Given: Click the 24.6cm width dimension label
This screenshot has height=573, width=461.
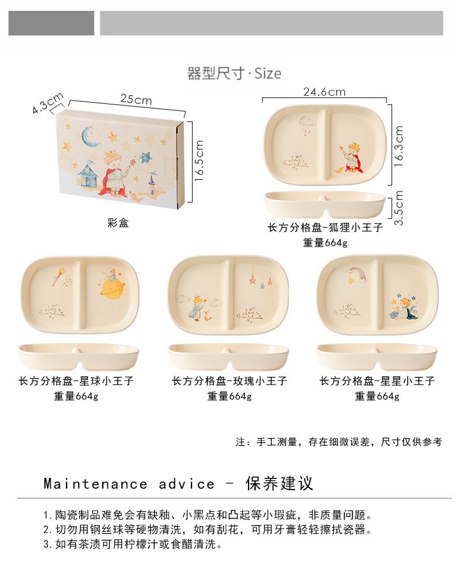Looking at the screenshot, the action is pyautogui.click(x=324, y=92).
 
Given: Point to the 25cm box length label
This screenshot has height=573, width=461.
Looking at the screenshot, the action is pyautogui.click(x=136, y=100).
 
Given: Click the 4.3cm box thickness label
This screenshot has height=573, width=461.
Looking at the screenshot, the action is pyautogui.click(x=48, y=103).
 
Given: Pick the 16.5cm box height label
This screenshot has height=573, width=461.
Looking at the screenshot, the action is pyautogui.click(x=200, y=161).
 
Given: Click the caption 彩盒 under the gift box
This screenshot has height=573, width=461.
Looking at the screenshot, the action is pyautogui.click(x=118, y=222).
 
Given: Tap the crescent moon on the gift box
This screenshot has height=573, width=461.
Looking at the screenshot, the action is pyautogui.click(x=89, y=137).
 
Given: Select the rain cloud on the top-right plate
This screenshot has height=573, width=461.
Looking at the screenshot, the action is pyautogui.click(x=306, y=123).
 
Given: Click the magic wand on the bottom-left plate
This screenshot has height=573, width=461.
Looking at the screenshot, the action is pyautogui.click(x=59, y=276).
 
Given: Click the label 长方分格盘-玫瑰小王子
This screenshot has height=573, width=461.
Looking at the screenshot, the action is pyautogui.click(x=229, y=381).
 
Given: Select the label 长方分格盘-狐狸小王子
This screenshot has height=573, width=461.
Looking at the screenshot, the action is pyautogui.click(x=325, y=228).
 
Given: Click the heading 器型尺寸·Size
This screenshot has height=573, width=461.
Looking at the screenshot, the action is pyautogui.click(x=234, y=74).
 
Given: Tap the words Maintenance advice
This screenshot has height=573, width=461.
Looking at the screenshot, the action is pyautogui.click(x=129, y=484).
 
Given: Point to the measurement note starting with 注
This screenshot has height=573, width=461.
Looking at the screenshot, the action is pyautogui.click(x=338, y=442).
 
